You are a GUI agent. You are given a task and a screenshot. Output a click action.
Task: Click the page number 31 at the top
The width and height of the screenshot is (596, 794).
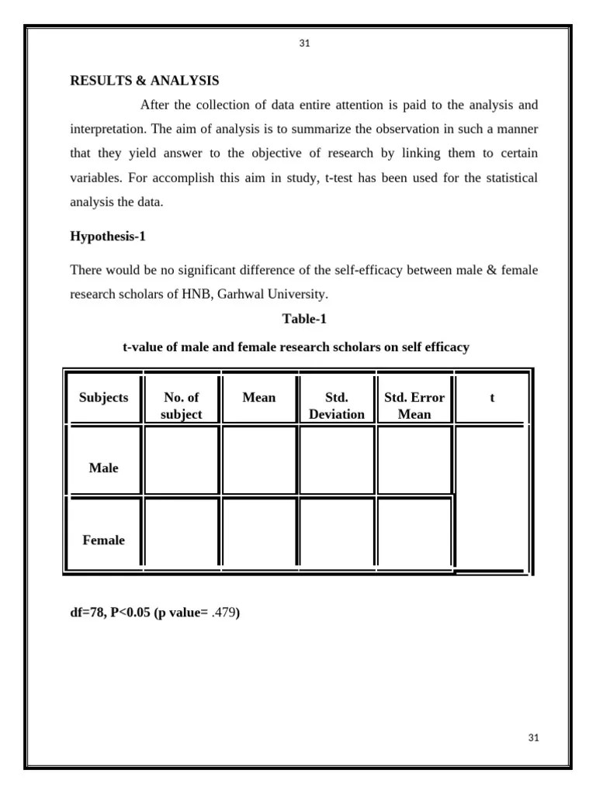(x=304, y=43)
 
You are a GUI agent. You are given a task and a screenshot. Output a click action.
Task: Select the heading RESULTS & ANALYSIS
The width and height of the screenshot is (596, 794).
(x=144, y=81)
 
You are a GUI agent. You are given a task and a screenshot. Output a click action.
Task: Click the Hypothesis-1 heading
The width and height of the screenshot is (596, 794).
(x=108, y=236)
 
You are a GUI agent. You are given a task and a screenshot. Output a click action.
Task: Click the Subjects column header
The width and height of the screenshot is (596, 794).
(x=104, y=398)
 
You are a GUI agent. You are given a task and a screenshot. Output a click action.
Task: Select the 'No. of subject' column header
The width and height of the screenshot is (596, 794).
(x=182, y=406)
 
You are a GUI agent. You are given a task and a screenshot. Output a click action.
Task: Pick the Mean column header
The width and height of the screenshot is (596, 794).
(x=259, y=398)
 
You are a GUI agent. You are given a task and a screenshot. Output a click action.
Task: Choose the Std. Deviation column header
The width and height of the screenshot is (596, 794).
(x=337, y=406)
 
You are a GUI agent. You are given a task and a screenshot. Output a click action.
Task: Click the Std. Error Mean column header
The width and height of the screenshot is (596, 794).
(x=414, y=406)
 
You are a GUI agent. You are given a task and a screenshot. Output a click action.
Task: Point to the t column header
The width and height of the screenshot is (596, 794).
(x=492, y=398)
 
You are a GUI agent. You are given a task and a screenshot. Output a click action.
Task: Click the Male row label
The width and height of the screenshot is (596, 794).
(x=104, y=468)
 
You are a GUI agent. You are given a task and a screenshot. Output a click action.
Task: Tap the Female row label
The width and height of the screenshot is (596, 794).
(x=104, y=540)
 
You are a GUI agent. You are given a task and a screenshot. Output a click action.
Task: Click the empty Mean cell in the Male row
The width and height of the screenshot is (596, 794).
(x=259, y=462)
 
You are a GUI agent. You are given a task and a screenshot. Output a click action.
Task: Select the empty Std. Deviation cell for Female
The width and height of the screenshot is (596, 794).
(x=337, y=533)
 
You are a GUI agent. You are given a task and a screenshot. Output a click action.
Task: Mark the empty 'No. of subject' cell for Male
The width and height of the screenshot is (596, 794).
(x=182, y=462)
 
